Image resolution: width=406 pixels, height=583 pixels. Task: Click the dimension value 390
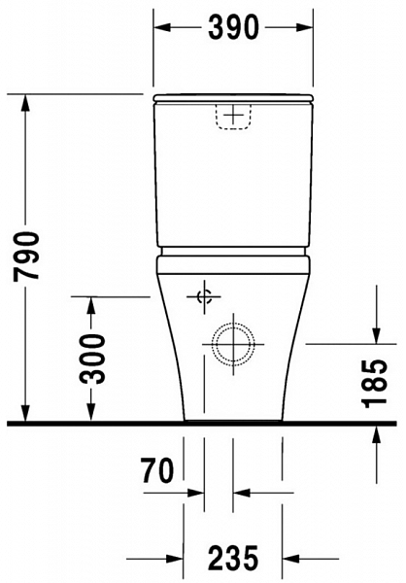(x=233, y=28)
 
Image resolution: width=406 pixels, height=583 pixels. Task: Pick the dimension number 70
(x=154, y=472)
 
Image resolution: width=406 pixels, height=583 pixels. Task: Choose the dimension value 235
(x=233, y=558)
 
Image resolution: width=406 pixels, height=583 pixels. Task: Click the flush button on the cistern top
(x=232, y=116)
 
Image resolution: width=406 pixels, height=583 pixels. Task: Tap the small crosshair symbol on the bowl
(x=204, y=297)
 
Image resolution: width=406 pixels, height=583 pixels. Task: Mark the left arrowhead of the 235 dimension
(x=176, y=558)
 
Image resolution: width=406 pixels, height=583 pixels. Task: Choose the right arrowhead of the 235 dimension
(x=290, y=558)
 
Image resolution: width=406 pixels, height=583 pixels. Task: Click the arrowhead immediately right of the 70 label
(x=197, y=493)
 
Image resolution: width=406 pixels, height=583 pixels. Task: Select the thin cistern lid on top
(x=233, y=98)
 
